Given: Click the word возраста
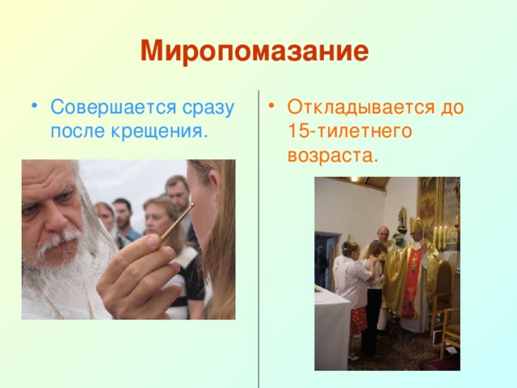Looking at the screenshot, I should pyautogui.click(x=332, y=154).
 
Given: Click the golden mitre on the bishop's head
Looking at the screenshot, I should pyautogui.click(x=416, y=226).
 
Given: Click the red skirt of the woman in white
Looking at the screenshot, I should pyautogui.click(x=357, y=321).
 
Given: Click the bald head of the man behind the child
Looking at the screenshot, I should pyautogui.click(x=383, y=231).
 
